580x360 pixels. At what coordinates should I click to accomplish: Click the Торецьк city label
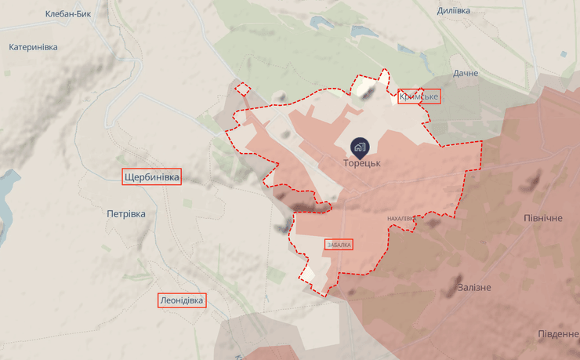click(x=361, y=163)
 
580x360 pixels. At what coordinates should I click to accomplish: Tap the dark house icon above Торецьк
click(x=360, y=146)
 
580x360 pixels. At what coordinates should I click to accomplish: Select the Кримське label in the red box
click(x=419, y=96)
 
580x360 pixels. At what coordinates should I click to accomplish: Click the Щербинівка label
click(x=151, y=178)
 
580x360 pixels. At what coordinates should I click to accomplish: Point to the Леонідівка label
click(x=182, y=300)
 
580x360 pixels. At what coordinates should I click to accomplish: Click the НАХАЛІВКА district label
click(x=401, y=219)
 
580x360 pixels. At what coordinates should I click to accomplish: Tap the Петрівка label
click(x=125, y=213)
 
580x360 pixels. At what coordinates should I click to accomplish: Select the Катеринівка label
click(x=34, y=47)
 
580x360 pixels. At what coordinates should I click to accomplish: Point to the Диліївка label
click(x=454, y=11)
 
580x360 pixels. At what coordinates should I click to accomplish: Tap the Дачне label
click(x=466, y=74)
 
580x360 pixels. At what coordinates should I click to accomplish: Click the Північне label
click(x=543, y=216)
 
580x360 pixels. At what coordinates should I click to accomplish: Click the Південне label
click(x=558, y=333)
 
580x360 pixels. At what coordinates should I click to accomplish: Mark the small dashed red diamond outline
click(x=243, y=89)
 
